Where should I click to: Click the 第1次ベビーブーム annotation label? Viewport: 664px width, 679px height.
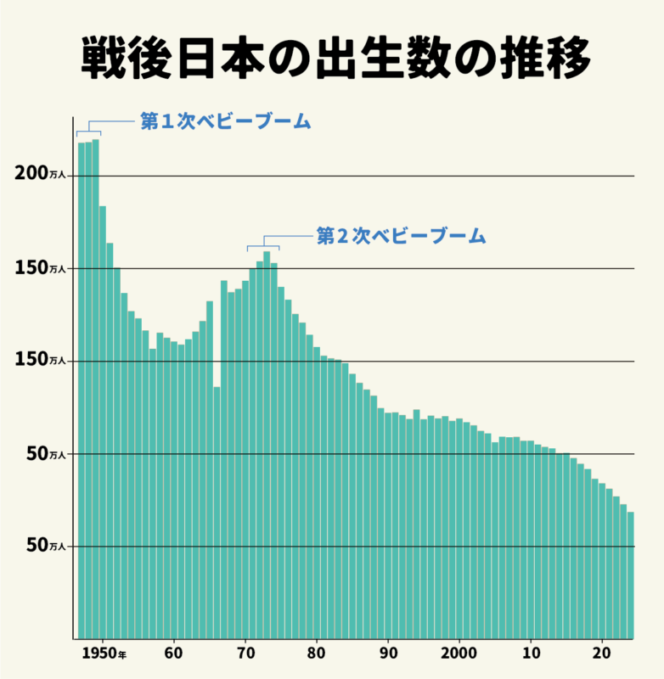pyautogui.click(x=225, y=121)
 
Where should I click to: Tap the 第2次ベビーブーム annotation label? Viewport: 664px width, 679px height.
pyautogui.click(x=401, y=236)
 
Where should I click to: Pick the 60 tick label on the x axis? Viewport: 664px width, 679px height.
pyautogui.click(x=174, y=654)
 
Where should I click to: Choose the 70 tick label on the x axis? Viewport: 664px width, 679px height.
pyautogui.click(x=245, y=654)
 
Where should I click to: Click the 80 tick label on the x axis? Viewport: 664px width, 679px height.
pyautogui.click(x=317, y=654)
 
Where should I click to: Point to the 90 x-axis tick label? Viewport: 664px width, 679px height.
pyautogui.click(x=388, y=654)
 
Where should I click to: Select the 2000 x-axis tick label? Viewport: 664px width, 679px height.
pyautogui.click(x=459, y=654)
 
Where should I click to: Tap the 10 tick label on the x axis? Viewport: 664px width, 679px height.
pyautogui.click(x=531, y=654)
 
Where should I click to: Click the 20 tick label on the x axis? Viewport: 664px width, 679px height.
pyautogui.click(x=602, y=654)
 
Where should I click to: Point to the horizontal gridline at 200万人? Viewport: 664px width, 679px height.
pyautogui.click(x=382, y=176)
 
